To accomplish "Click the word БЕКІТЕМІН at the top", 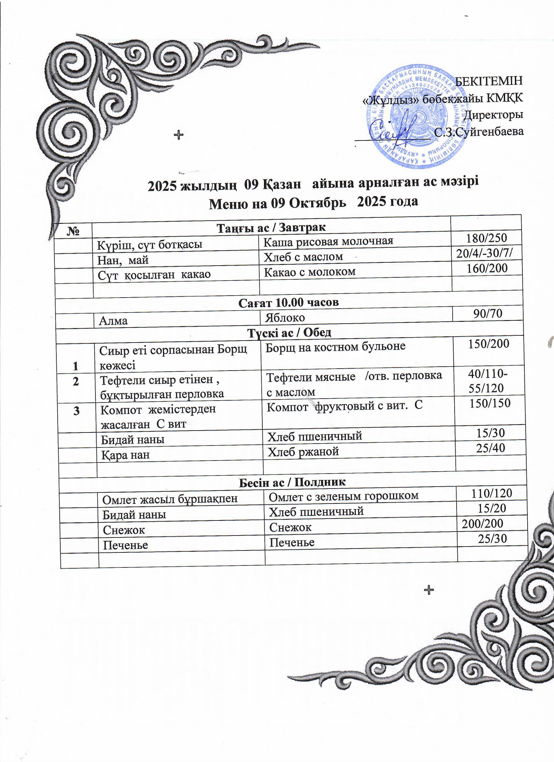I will click(x=489, y=81).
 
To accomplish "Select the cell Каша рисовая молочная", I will click(x=328, y=241).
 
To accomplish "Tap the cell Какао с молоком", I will click(x=309, y=271).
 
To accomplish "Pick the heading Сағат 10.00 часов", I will click(x=289, y=302).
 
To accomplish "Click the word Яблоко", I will click(x=285, y=317).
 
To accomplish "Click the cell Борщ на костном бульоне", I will click(x=335, y=346).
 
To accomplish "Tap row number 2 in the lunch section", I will click(x=76, y=381).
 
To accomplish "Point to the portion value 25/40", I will click(x=490, y=448).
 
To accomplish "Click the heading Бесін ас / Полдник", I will click(x=292, y=482).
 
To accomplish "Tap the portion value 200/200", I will click(x=482, y=523).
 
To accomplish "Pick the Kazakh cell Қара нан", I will click(x=126, y=455).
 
